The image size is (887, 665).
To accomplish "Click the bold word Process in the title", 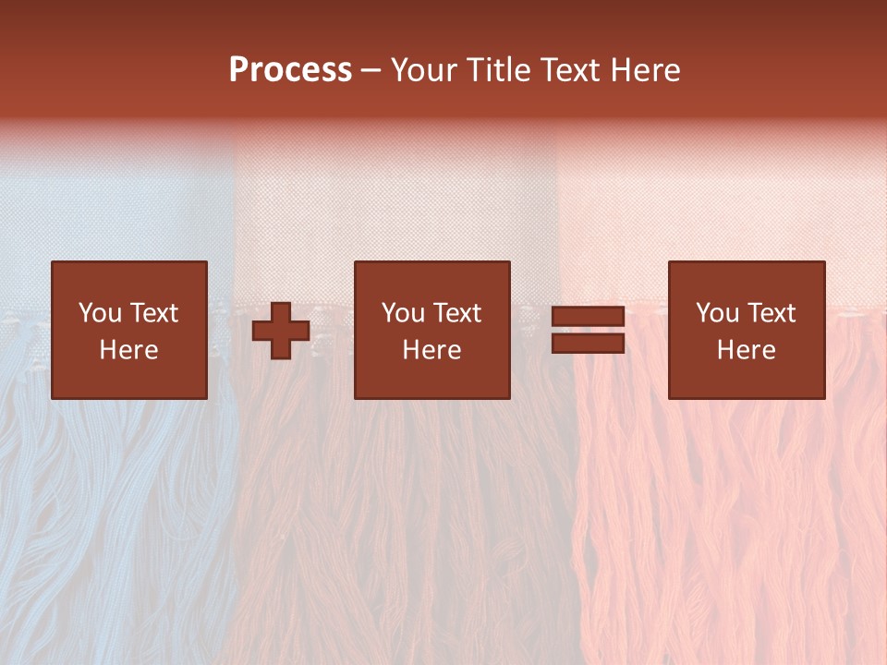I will [290, 70].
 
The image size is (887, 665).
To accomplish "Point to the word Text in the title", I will [576, 70].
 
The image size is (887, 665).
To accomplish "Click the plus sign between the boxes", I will [281, 331].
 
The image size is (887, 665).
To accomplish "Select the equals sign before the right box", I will [588, 330].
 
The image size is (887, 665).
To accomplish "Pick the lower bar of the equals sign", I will [588, 343].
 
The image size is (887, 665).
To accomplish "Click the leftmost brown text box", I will [129, 330].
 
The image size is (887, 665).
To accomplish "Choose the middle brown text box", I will [432, 330].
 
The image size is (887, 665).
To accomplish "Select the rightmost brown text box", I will [747, 330].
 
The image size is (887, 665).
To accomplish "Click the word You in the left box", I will [100, 313].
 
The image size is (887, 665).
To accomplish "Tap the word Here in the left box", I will [129, 350].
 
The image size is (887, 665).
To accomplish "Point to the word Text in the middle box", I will [457, 313].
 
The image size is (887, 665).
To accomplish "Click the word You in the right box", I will [717, 313].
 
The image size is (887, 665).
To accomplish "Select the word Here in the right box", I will [747, 350].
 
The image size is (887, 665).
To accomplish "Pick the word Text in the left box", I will [154, 313].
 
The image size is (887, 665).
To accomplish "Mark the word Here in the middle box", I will [432, 350].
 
